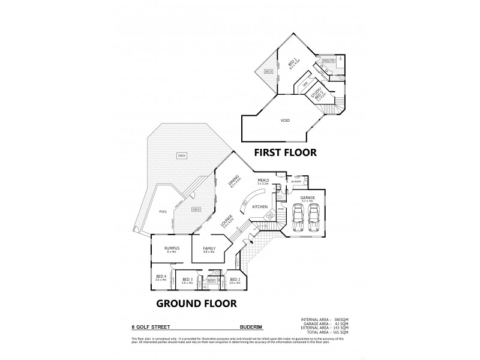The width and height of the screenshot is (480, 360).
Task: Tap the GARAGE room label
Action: (x=308, y=196)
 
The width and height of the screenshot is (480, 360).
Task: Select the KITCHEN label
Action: (x=260, y=206)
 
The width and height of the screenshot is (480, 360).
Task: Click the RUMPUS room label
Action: (x=171, y=248)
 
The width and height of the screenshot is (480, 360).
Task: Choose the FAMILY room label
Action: (x=209, y=248)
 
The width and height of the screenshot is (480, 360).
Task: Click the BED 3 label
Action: (x=187, y=279)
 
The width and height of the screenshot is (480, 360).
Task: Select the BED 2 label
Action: (x=235, y=279)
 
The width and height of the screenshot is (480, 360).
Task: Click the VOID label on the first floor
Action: (x=285, y=121)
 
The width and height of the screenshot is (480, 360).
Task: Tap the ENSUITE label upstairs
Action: (x=328, y=61)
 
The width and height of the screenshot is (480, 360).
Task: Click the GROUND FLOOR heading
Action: (x=196, y=303)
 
